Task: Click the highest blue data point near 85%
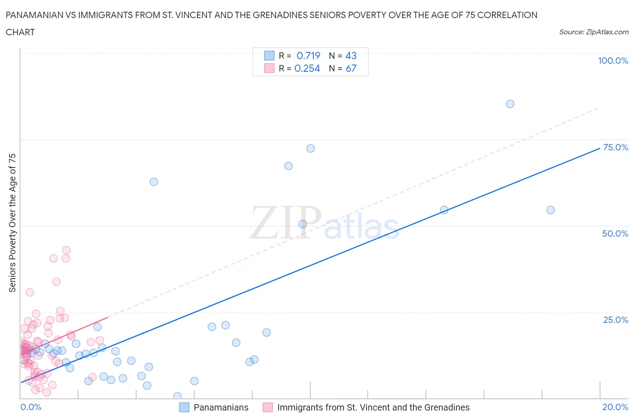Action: [x=510, y=104]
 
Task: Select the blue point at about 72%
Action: [x=310, y=149]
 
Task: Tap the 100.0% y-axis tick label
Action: [x=613, y=61]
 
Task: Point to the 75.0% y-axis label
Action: [x=616, y=147]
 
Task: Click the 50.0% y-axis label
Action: [x=615, y=233]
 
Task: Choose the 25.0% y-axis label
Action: [x=616, y=320]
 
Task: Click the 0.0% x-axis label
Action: [x=31, y=407]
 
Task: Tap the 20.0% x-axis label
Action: [x=615, y=407]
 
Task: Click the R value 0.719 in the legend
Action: [x=308, y=56]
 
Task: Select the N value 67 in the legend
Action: [x=351, y=68]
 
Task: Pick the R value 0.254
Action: [x=307, y=68]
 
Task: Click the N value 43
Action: [x=351, y=56]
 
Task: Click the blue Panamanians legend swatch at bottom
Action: [x=184, y=407]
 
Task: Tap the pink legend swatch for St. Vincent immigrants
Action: [x=268, y=407]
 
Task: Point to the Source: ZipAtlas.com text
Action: [x=593, y=32]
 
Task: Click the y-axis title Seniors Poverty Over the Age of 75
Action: [x=12, y=223]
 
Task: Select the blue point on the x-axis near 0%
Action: [x=177, y=396]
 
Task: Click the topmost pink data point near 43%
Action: [x=66, y=250]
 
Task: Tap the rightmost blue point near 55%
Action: [x=550, y=210]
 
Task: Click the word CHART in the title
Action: [x=20, y=32]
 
